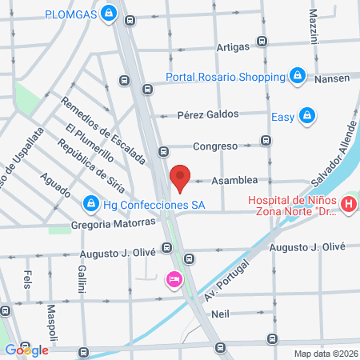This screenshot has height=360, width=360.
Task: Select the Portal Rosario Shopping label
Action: pos(226,77)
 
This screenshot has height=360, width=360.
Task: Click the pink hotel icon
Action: pos(171,279)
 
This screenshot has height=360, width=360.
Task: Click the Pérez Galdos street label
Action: pos(208,114)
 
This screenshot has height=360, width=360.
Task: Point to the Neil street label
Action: pos(221,314)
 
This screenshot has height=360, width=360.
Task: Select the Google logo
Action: pos(27,350)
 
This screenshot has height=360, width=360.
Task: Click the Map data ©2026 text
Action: pos(324,353)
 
